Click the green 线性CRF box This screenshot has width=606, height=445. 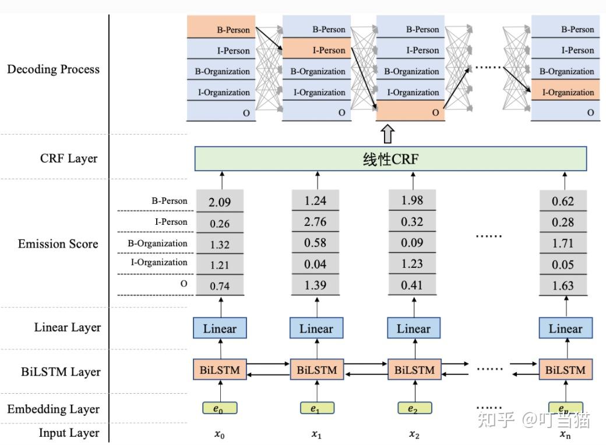(x=390, y=158)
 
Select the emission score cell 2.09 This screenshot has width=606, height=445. (x=220, y=201)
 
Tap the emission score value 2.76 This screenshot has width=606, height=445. (x=315, y=221)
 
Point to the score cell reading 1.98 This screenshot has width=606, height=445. (x=412, y=200)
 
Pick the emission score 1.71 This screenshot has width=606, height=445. (x=563, y=243)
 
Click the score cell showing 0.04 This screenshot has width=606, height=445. (x=315, y=264)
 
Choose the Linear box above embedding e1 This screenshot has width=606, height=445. (x=316, y=329)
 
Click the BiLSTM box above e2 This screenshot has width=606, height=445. (x=414, y=370)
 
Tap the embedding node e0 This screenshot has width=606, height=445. (x=220, y=408)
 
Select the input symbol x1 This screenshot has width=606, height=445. (x=316, y=434)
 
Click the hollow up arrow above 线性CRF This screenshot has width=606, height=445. (x=387, y=134)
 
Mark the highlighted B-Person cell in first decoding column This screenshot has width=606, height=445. (x=221, y=27)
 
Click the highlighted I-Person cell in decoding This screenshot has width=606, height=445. (x=316, y=48)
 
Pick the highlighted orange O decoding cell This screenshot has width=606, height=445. (x=410, y=111)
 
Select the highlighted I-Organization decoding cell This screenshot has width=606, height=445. (x=565, y=90)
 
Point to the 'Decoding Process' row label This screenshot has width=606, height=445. (x=54, y=69)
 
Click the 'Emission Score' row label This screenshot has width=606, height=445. (x=58, y=243)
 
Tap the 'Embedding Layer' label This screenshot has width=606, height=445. (x=54, y=409)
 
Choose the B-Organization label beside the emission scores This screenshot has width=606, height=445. (x=157, y=243)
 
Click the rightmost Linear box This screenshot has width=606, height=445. (x=565, y=329)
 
